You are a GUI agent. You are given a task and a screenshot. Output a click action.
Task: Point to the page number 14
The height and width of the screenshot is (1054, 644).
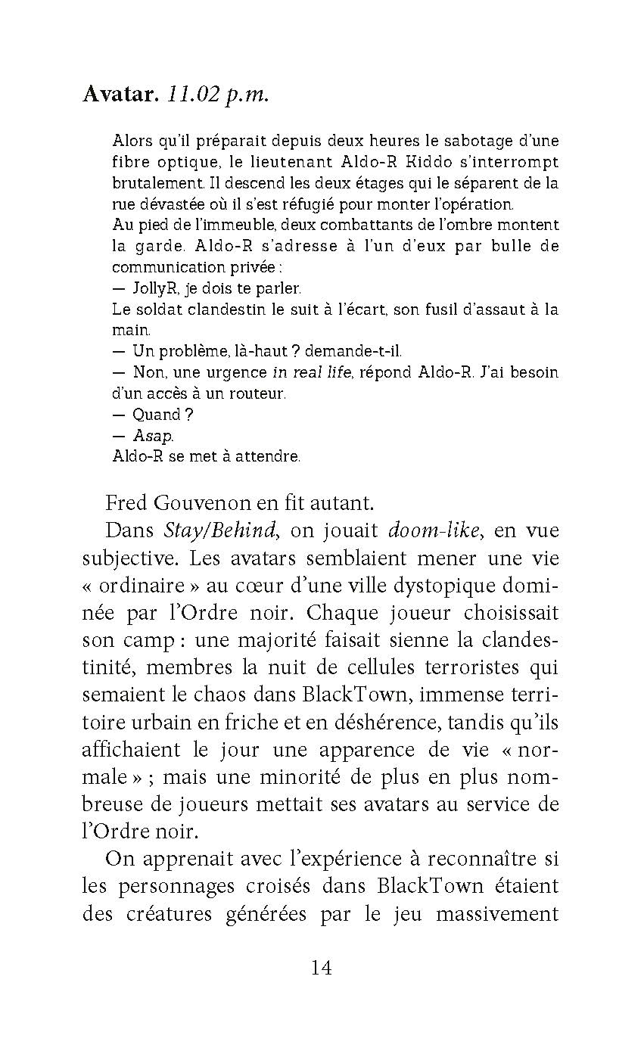[321, 967]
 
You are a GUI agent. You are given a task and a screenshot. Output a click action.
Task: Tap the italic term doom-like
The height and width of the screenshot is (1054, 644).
[434, 530]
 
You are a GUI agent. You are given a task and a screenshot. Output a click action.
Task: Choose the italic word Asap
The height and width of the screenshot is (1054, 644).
[153, 436]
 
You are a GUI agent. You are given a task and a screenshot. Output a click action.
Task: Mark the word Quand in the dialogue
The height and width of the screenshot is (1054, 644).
[157, 415]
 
